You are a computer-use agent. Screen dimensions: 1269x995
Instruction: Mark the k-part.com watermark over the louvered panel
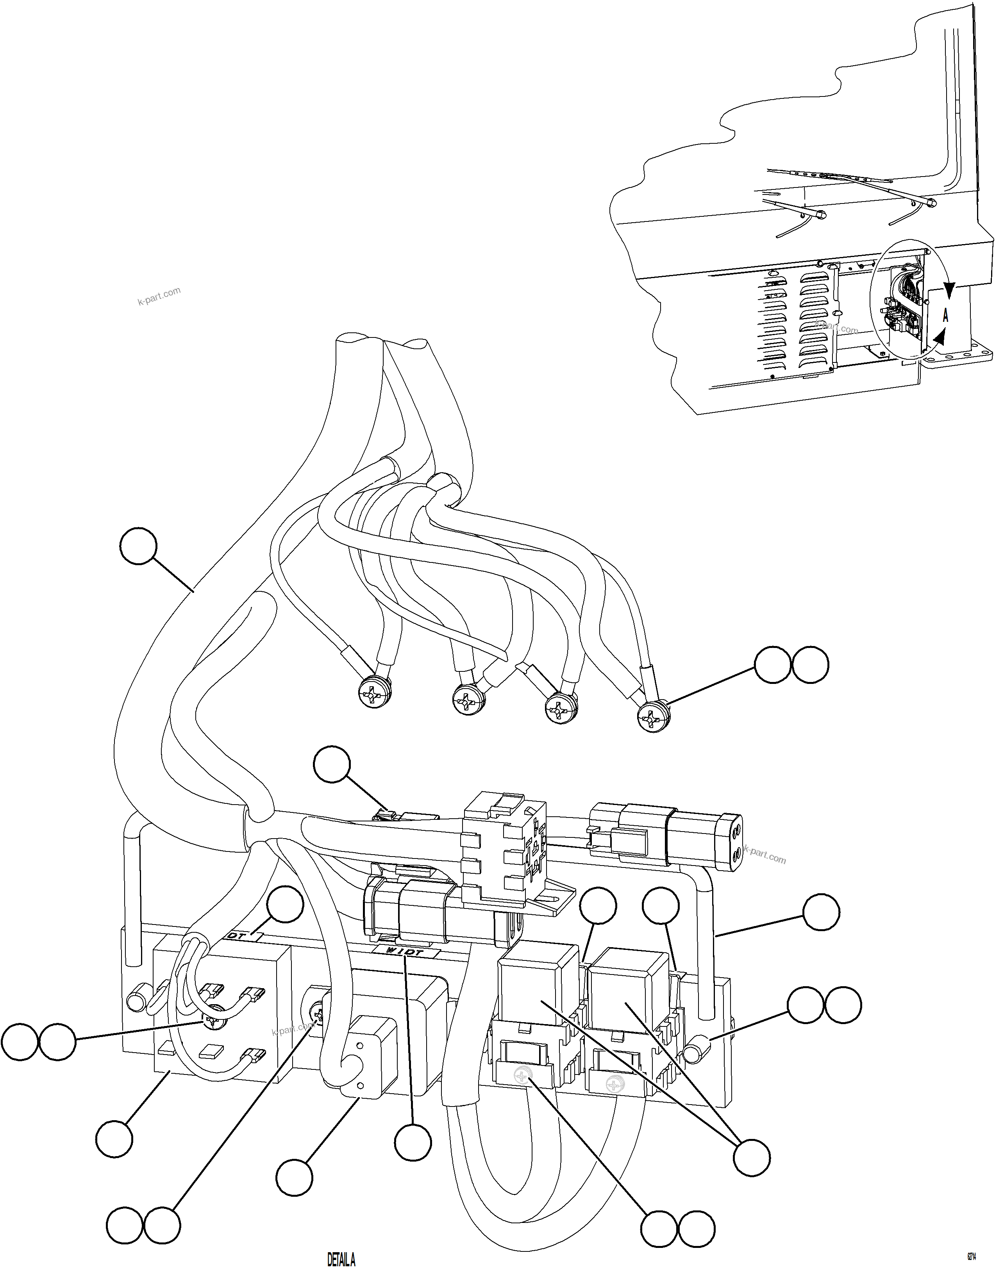pos(837,327)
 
